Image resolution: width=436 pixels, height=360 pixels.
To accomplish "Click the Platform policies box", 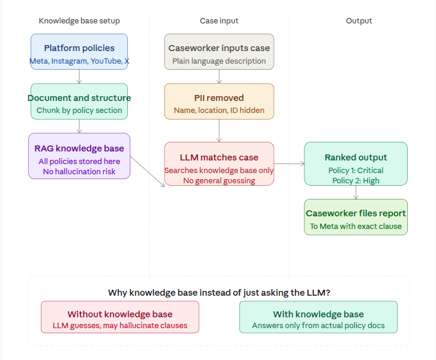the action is (79, 52).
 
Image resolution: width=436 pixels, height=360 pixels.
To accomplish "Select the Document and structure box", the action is (79, 101).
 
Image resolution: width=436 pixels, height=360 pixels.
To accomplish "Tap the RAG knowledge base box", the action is (79, 156).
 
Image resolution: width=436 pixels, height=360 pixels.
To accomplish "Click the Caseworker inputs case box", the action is (219, 52).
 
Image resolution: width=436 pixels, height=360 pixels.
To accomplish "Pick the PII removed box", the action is (219, 101).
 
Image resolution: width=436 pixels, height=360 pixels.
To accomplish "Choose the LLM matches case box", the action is (219, 163).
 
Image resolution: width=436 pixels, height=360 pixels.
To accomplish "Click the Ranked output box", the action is (356, 163).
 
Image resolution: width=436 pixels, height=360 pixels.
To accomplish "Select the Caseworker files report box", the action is (356, 217).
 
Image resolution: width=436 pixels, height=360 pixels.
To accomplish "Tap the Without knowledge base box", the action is (120, 317).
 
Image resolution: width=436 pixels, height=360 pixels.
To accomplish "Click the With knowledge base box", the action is (318, 317).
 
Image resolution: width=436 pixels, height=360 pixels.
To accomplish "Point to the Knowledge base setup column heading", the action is (79, 21).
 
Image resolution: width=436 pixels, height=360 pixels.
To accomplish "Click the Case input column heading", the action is (219, 21).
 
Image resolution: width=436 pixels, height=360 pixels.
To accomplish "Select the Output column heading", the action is (359, 21).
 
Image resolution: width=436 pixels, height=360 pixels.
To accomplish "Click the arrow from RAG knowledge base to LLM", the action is (147, 171).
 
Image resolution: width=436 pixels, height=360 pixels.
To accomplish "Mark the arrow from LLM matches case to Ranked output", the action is (289, 163).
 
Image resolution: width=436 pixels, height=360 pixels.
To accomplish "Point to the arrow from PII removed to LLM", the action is (219, 131).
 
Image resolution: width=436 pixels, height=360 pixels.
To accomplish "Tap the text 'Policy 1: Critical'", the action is (356, 170).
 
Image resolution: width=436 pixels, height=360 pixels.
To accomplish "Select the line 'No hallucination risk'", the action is (79, 172).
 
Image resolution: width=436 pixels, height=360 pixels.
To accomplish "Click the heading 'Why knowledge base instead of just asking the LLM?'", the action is (219, 293).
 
